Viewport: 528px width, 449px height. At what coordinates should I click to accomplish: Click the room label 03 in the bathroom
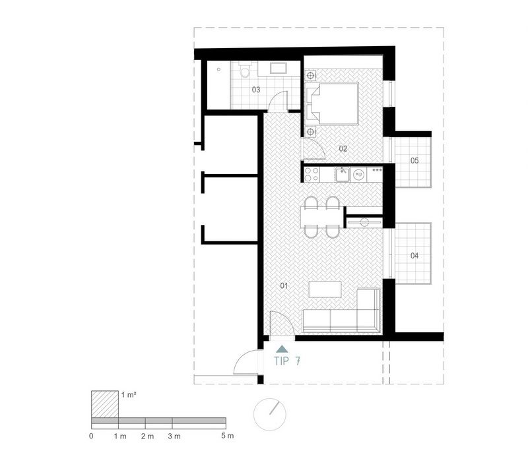tap(256, 90)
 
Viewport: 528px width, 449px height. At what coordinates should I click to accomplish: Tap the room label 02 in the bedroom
tap(343, 148)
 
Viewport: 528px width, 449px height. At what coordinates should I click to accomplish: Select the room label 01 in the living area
tap(284, 286)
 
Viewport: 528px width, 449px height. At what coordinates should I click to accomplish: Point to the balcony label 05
tap(414, 160)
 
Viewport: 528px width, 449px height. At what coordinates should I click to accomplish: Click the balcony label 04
tap(414, 256)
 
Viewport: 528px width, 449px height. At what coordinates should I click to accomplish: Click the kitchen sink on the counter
tap(343, 175)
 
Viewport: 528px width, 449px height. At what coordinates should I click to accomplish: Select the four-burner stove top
tap(312, 175)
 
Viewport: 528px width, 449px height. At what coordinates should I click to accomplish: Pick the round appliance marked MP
tap(359, 175)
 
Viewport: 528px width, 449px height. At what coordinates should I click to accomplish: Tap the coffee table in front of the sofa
tap(325, 289)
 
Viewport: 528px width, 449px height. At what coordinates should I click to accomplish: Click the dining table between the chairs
tap(322, 217)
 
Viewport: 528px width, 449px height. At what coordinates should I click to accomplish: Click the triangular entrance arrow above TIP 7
tap(282, 349)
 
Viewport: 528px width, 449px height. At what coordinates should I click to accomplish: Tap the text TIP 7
tap(287, 361)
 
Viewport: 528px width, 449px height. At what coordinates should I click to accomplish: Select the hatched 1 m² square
tap(105, 404)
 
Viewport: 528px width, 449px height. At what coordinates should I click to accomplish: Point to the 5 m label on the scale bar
tap(227, 436)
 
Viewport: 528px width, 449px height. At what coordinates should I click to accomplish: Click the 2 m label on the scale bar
tap(147, 436)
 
